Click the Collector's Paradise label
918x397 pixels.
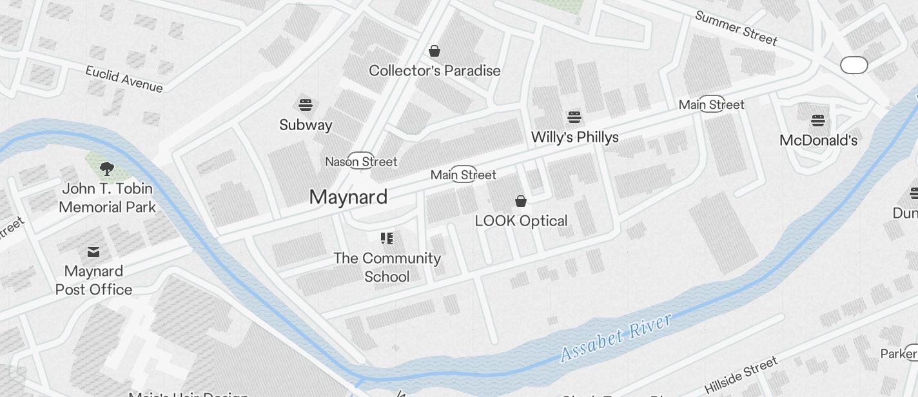tap(435, 70)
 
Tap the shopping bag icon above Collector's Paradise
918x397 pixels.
tap(435, 51)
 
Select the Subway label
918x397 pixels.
tap(306, 124)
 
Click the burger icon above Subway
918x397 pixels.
tap(306, 105)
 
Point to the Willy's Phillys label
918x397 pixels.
tap(574, 137)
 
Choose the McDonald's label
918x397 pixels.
tap(818, 140)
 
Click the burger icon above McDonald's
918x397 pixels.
tap(818, 120)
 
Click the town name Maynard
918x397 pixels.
tap(348, 197)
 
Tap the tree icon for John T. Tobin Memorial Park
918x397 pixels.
tap(107, 169)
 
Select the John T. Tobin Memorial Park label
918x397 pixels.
tap(107, 198)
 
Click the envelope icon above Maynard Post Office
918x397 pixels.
tap(93, 251)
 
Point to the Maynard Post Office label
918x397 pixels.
tap(93, 280)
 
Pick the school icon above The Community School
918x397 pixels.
tap(387, 238)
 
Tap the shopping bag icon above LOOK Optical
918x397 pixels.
tap(521, 201)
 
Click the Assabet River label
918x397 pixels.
tap(615, 337)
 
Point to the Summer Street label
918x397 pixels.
tap(736, 28)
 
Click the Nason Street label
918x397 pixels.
tap(361, 161)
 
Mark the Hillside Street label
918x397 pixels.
tap(741, 375)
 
